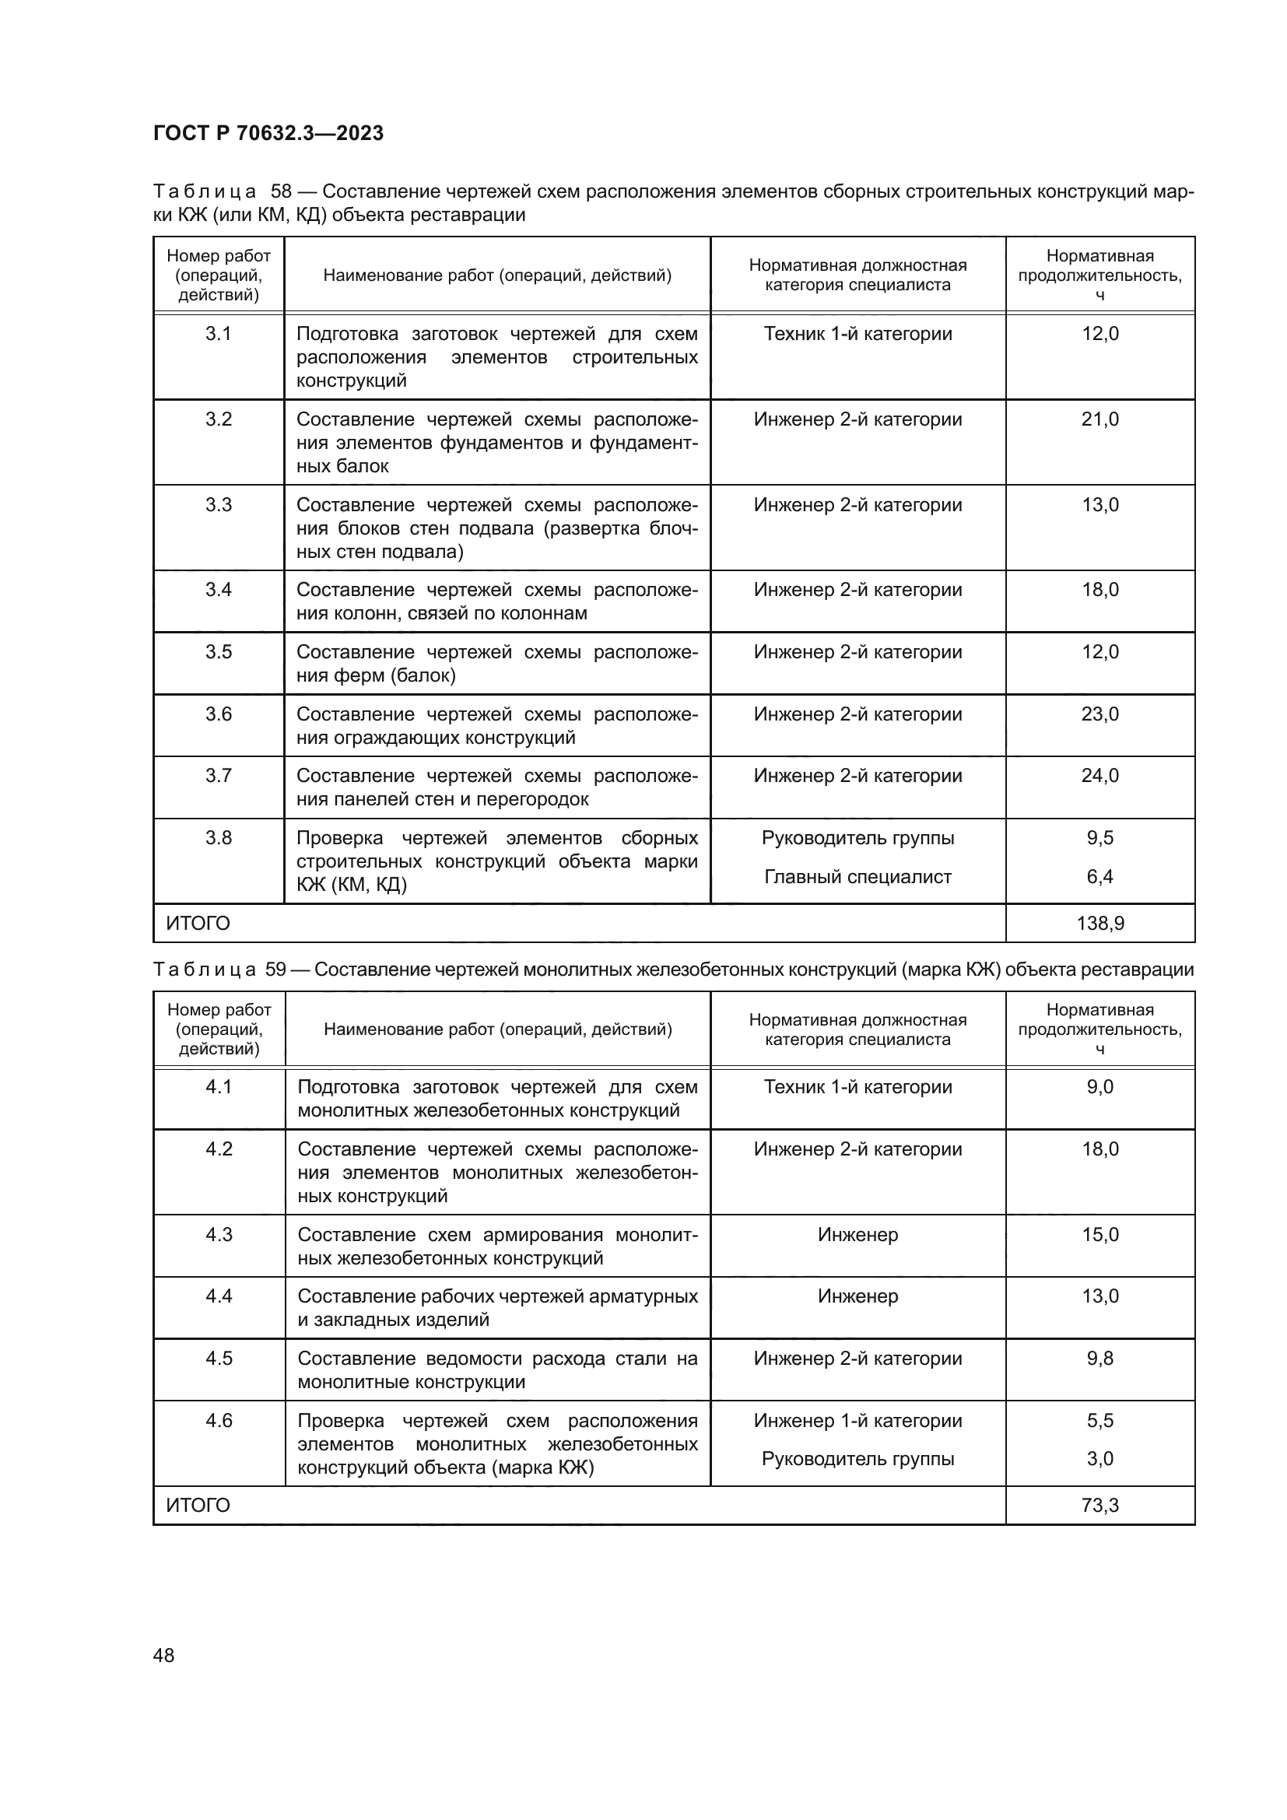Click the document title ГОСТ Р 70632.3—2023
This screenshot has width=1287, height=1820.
(268, 133)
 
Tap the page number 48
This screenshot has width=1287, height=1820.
(163, 1655)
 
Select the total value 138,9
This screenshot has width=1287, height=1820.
(1100, 924)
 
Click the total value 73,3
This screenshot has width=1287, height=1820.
(1100, 1506)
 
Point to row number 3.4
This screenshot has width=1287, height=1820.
(219, 590)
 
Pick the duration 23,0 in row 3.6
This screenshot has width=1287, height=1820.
(1100, 714)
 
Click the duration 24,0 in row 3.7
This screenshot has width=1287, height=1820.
(1100, 776)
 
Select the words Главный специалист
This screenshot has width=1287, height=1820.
(857, 877)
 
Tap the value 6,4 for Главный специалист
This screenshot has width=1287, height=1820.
(1100, 877)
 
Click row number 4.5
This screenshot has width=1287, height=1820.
(219, 1359)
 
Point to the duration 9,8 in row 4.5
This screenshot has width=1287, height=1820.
(1100, 1359)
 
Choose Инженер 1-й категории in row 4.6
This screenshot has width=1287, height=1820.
(857, 1421)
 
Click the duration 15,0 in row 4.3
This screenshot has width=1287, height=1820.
(1100, 1235)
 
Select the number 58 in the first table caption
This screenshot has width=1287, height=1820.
(282, 192)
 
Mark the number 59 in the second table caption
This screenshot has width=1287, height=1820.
(275, 970)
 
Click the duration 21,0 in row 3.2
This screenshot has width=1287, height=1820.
(1100, 419)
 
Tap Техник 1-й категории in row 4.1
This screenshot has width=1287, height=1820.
(857, 1088)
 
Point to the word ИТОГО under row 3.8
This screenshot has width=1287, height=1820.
(198, 924)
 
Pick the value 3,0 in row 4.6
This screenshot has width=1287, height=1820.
(1100, 1458)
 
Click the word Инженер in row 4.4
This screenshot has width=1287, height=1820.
(857, 1297)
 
